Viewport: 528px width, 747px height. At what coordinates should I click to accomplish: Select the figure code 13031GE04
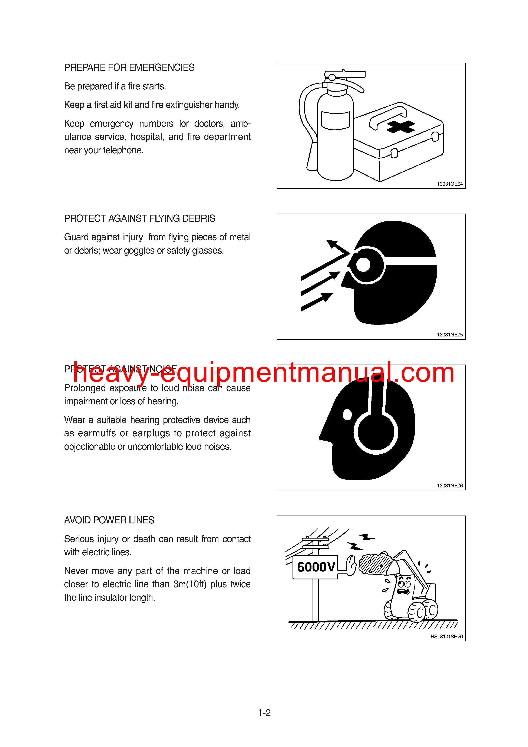tap(450, 184)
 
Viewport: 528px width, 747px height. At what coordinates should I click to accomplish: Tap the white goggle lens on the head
tap(363, 264)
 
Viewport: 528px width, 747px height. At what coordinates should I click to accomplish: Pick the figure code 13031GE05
tap(450, 335)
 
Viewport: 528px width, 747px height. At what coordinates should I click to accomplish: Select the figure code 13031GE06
tap(450, 486)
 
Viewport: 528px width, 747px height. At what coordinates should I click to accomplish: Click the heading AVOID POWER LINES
tap(109, 520)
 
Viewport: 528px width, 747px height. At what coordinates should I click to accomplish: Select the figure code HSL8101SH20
tap(446, 637)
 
